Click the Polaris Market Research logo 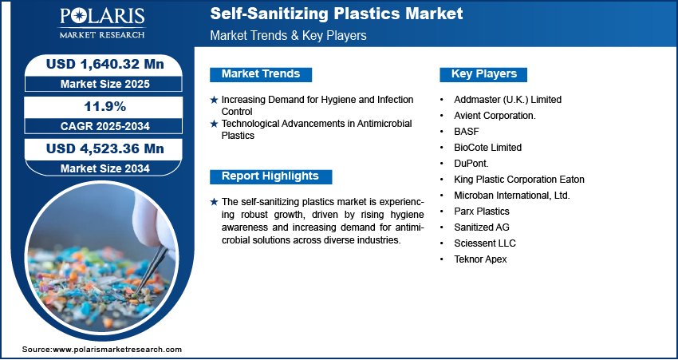[x=102, y=23]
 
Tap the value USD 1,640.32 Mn [x=105, y=65]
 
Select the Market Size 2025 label [x=105, y=84]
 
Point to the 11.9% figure [x=105, y=106]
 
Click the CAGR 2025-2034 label [x=105, y=126]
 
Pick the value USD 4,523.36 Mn [x=105, y=148]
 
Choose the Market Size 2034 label [x=105, y=168]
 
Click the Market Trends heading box [x=261, y=74]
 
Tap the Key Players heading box [x=483, y=74]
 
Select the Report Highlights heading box [x=270, y=176]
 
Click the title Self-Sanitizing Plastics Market [x=337, y=14]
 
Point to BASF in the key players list [x=467, y=132]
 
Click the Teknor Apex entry [x=480, y=259]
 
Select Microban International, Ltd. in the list [x=512, y=196]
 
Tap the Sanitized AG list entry [x=482, y=227]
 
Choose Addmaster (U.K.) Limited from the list [x=507, y=100]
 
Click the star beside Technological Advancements [x=214, y=125]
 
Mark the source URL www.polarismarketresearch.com [x=117, y=350]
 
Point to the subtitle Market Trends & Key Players [x=289, y=35]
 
